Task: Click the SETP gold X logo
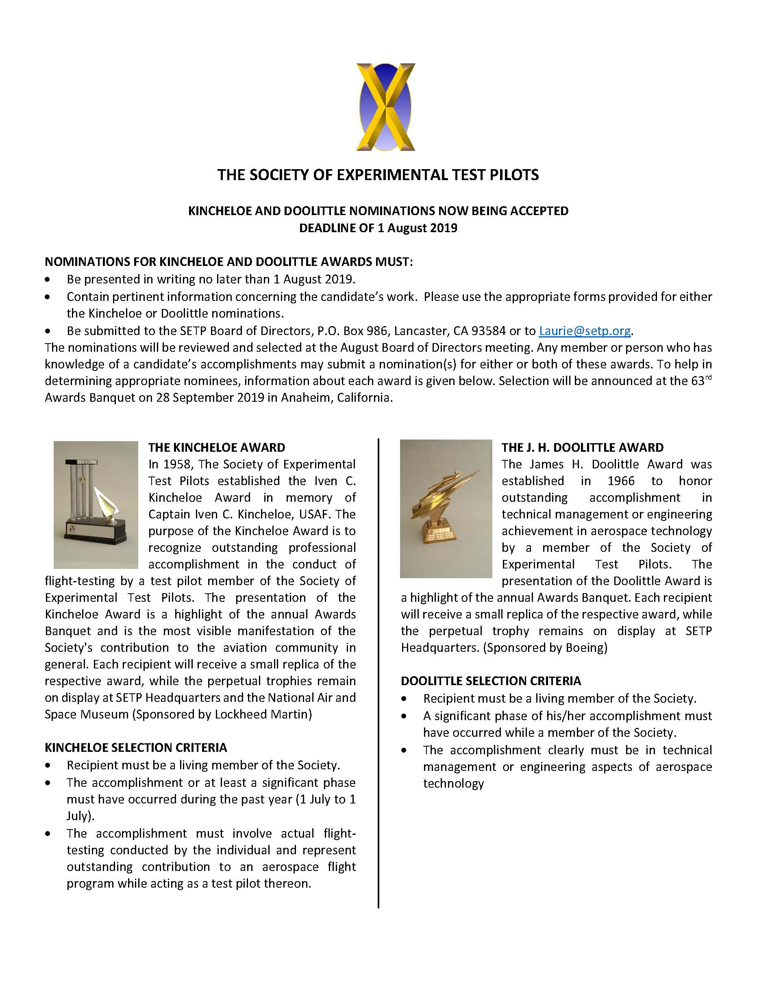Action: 385,107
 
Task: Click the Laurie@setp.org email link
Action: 585,331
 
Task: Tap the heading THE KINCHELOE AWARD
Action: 217,447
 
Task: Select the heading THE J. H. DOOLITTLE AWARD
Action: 582,447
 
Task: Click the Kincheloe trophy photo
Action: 96,505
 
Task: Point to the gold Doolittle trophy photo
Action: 446,509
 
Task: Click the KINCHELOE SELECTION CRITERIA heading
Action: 136,748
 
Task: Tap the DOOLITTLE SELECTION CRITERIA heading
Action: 491,681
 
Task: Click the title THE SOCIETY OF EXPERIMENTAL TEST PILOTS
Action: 378,175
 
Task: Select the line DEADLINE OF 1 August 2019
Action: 378,228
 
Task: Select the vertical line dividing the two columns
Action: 378,676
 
